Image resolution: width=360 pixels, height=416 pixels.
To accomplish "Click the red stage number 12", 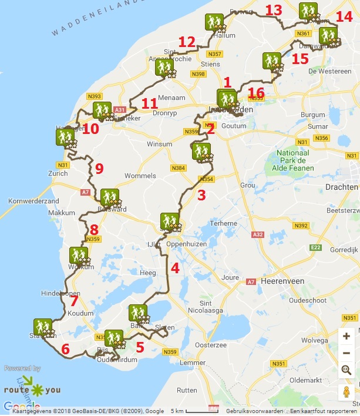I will [187, 42].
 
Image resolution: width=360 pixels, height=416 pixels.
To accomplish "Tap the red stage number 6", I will [65, 349].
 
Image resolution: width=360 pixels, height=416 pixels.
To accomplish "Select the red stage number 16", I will [256, 92].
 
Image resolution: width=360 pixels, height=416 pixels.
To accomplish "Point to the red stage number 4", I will [174, 269].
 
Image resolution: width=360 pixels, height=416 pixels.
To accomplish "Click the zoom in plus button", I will [346, 337].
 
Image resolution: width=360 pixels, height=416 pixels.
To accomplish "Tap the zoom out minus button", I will [346, 353].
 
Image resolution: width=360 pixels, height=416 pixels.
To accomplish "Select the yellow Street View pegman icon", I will [346, 392].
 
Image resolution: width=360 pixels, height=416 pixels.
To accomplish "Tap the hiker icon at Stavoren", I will [42, 327].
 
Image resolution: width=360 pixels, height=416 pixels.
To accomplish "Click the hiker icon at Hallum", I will [213, 22].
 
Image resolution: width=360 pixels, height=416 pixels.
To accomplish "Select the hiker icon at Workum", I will [78, 256].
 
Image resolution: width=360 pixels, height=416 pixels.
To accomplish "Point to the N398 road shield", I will [198, 74].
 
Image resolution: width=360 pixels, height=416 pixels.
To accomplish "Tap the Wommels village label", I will [140, 176].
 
